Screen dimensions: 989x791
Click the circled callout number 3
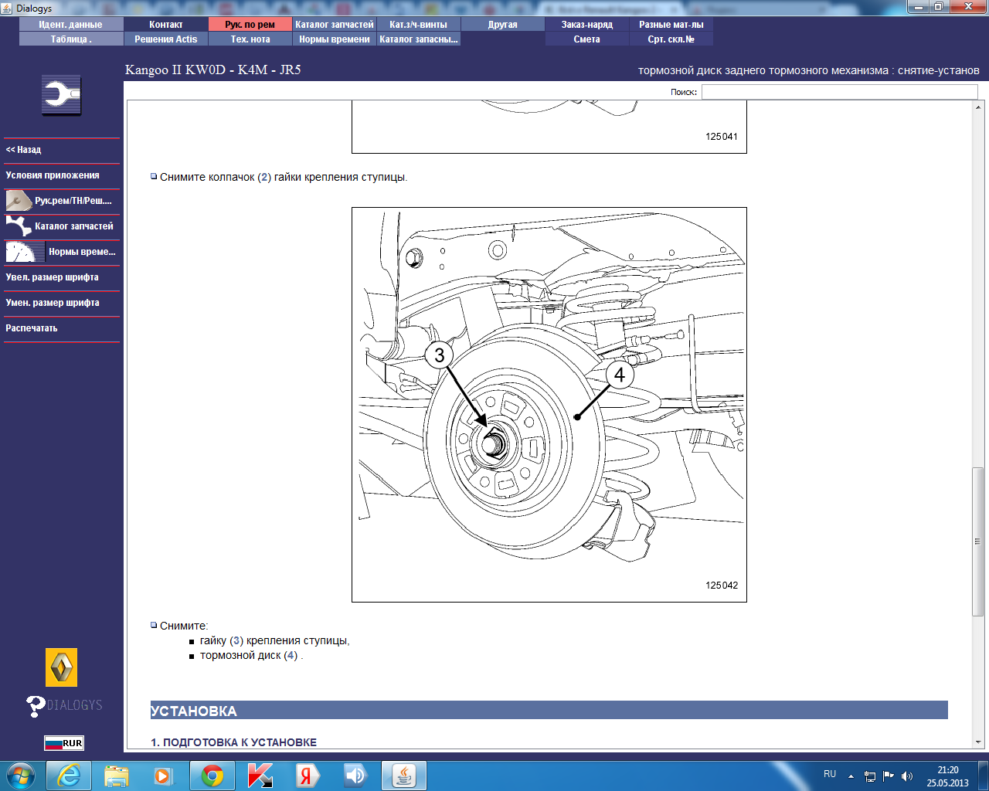tap(439, 355)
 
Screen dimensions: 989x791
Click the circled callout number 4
tap(620, 375)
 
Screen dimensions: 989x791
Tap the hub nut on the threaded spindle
tap(494, 443)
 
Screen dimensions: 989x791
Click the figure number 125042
tap(721, 585)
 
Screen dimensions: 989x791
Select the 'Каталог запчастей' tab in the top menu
tap(334, 25)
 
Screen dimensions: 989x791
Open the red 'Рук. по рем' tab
tap(250, 25)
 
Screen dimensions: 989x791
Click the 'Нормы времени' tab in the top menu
tap(334, 39)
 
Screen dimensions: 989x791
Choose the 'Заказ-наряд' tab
tap(587, 25)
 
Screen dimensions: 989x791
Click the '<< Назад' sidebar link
tap(23, 150)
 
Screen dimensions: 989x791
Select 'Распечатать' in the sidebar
tap(31, 328)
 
